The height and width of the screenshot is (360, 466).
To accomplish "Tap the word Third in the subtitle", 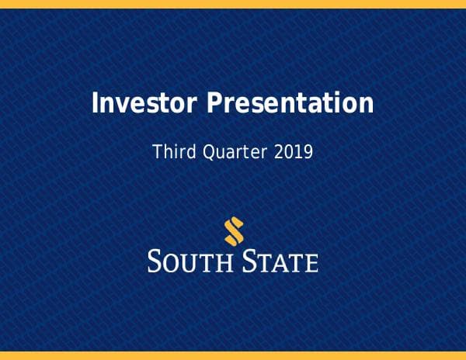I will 172,151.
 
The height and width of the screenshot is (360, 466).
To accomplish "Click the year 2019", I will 294,151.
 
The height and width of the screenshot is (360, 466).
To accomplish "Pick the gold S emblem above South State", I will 233,230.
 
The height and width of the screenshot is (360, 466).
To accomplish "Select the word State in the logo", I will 283,261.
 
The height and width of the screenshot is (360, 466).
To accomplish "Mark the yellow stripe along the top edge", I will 233,4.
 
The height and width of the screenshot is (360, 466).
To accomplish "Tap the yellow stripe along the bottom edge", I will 233,355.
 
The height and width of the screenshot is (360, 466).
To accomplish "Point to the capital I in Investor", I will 96,103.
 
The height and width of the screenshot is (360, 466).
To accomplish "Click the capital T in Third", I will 157,151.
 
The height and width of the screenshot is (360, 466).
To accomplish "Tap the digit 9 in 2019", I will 308,151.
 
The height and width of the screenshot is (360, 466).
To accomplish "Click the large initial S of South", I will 155,261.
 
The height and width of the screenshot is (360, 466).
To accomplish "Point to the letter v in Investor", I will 119,105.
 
